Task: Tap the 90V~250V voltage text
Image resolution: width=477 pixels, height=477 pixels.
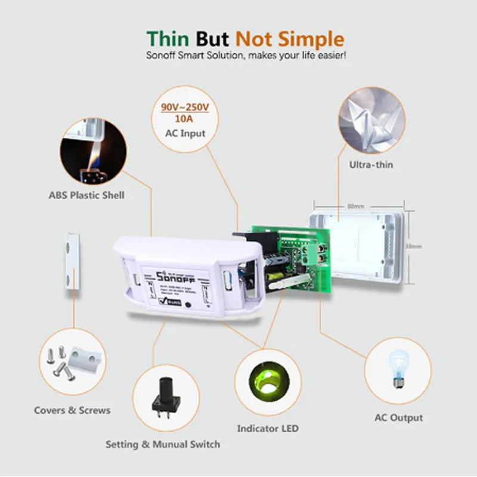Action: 185,107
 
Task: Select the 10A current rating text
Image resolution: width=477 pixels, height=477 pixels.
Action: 185,119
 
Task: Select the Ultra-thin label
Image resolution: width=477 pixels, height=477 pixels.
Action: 371,165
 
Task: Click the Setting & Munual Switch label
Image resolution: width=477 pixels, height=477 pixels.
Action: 162,444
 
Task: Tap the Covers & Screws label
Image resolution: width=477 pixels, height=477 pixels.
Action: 72,410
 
